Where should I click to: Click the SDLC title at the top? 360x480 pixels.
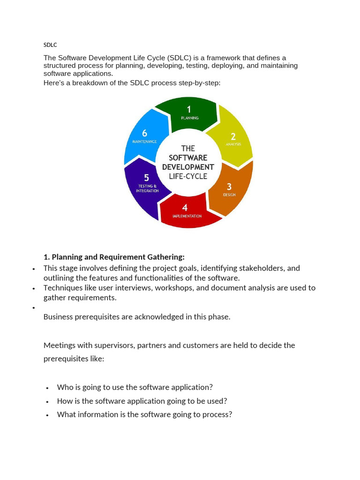50,45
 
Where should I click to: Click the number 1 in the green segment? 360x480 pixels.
189,110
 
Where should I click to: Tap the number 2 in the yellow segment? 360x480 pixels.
233,136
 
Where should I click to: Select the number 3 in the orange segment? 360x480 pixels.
229,187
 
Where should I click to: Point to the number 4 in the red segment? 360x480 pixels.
185,208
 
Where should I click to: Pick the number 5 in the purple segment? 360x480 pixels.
147,178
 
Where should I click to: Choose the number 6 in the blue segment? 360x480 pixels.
144,133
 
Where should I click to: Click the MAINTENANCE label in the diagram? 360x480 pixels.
144,142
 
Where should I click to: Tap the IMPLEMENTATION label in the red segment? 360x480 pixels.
187,216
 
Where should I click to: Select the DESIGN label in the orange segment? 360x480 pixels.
229,195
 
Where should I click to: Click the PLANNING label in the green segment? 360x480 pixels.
189,118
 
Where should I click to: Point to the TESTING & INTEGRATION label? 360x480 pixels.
147,188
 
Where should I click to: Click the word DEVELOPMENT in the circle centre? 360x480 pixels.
188,167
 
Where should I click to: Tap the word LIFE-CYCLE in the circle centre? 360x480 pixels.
188,176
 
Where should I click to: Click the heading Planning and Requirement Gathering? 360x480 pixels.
114,257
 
